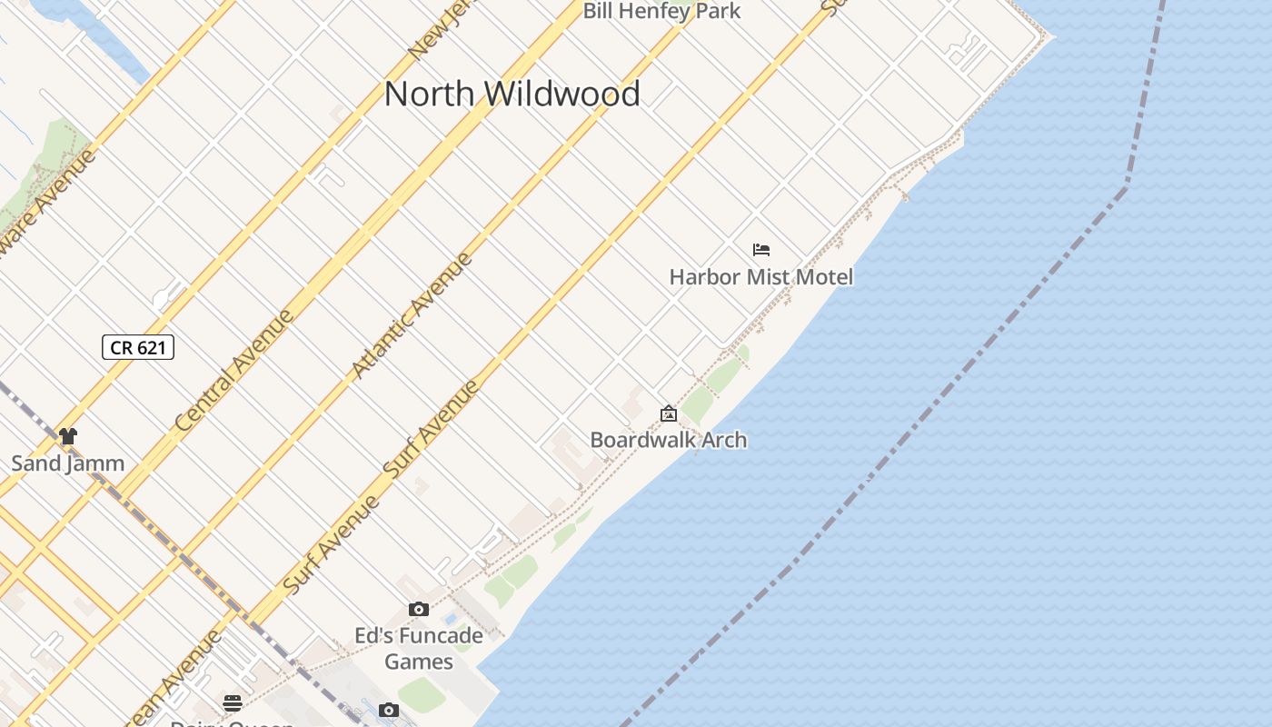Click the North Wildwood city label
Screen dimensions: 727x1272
pos(512,94)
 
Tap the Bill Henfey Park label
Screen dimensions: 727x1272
pos(661,11)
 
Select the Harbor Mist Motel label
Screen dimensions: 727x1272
pos(761,276)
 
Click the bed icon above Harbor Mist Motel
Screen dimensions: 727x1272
pos(761,250)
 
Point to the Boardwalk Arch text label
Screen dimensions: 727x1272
pos(669,440)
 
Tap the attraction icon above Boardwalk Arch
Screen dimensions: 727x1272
pos(669,414)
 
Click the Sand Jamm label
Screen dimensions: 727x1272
pos(68,463)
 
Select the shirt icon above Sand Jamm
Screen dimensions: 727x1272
pos(68,436)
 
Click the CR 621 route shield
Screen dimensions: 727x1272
pos(138,347)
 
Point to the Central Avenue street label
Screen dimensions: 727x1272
pos(235,371)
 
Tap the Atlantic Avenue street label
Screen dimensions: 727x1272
pos(412,315)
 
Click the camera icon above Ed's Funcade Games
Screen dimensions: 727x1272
pos(419,610)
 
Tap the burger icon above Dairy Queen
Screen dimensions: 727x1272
pos(233,702)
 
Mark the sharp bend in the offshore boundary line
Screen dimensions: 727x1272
pos(1128,184)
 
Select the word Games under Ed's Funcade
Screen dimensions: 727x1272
pos(419,661)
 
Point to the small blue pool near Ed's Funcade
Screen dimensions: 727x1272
pos(451,619)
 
